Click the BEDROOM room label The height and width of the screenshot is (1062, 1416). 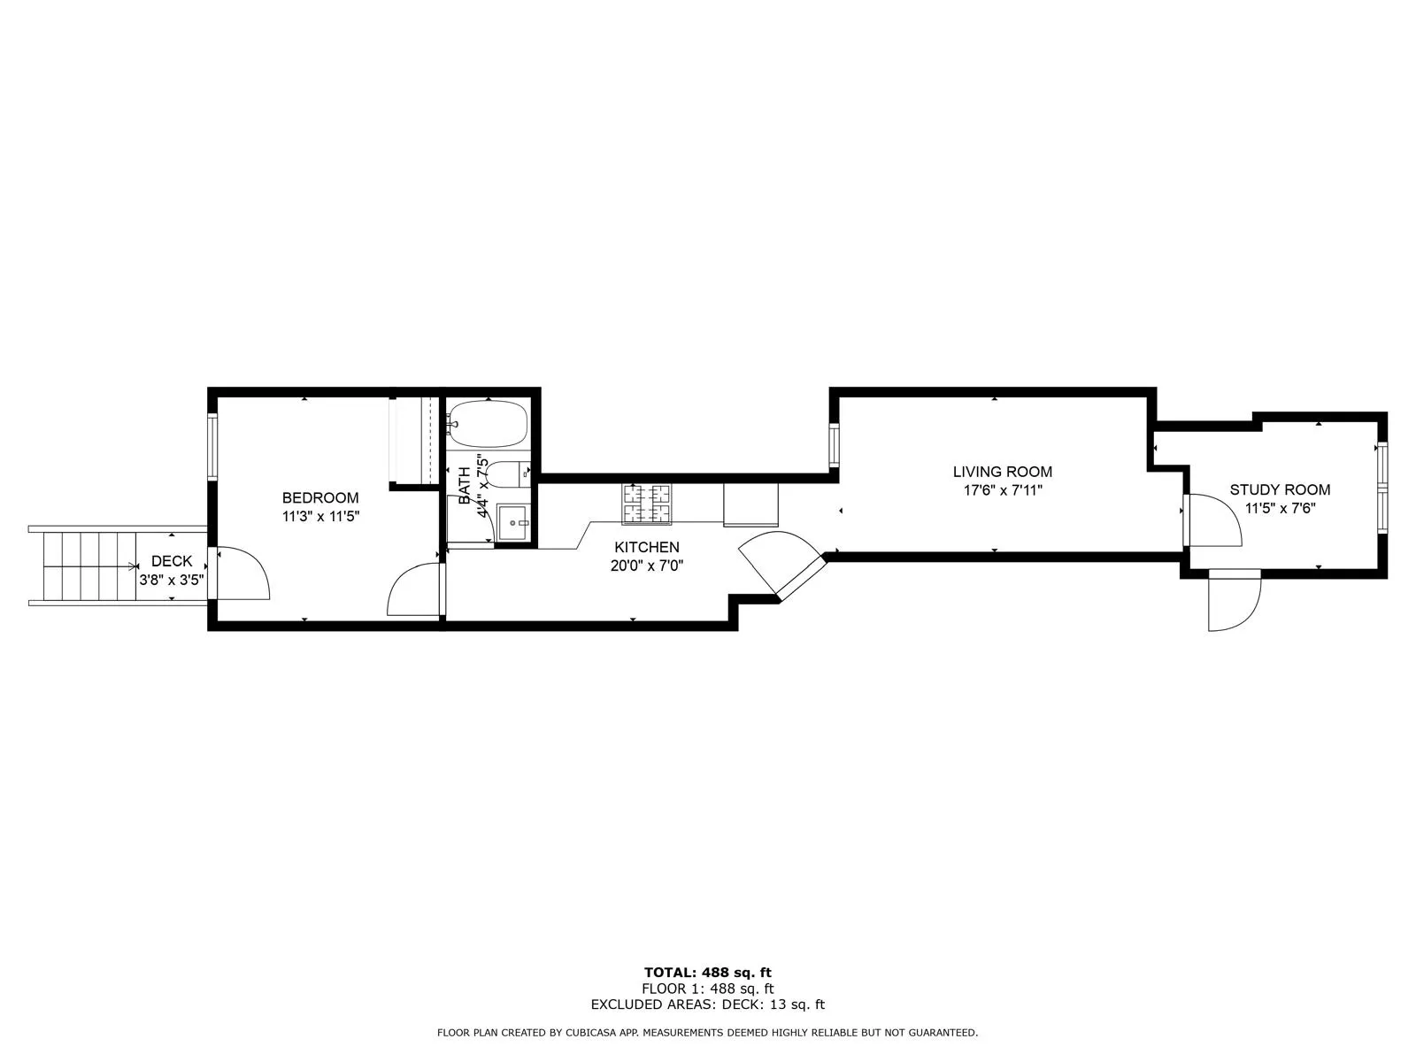pyautogui.click(x=320, y=498)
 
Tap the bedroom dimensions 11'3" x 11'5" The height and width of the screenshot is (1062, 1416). pyautogui.click(x=320, y=517)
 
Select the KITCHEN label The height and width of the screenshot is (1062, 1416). pyautogui.click(x=647, y=548)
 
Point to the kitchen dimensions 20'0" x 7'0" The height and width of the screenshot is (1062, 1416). pyautogui.click(x=647, y=566)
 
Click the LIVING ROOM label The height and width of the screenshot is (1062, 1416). pyautogui.click(x=1002, y=472)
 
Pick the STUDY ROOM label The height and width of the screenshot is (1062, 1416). pyautogui.click(x=1280, y=489)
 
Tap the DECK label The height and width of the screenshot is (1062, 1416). pyautogui.click(x=172, y=561)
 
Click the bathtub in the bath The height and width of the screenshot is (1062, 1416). pyautogui.click(x=488, y=424)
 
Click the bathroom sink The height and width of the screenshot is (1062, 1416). pyautogui.click(x=513, y=523)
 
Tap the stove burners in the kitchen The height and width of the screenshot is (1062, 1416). pyautogui.click(x=646, y=504)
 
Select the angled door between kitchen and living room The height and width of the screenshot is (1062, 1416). pyautogui.click(x=779, y=562)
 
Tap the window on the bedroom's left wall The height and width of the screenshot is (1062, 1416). pyautogui.click(x=212, y=447)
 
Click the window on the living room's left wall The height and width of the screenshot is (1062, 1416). pyautogui.click(x=834, y=445)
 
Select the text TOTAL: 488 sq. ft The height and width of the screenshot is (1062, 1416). pyautogui.click(x=707, y=973)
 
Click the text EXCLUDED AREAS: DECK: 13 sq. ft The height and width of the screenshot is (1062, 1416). pyautogui.click(x=707, y=1004)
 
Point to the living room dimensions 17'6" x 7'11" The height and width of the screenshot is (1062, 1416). pyautogui.click(x=1002, y=490)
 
